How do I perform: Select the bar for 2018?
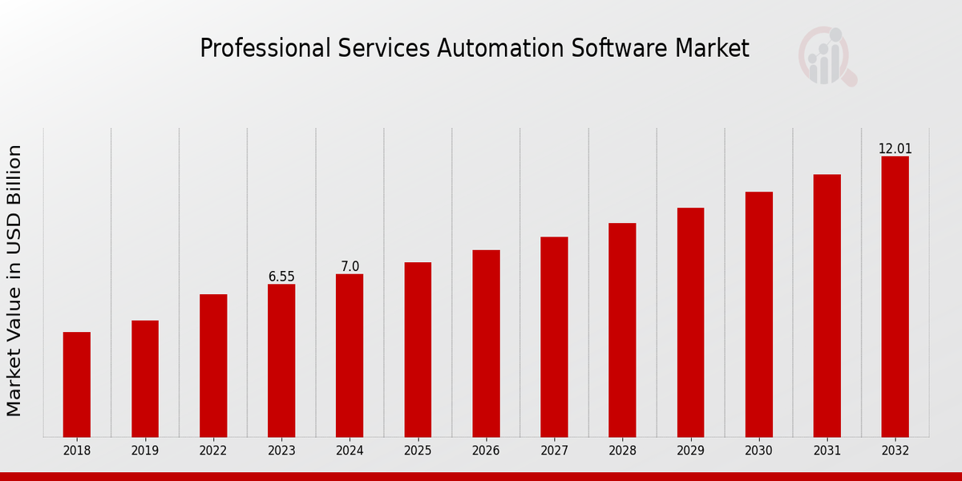tap(77, 385)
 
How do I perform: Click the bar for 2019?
tap(145, 378)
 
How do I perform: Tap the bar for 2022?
tap(213, 366)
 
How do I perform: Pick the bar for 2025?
tap(418, 350)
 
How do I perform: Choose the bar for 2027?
tap(554, 337)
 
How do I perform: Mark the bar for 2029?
tap(690, 322)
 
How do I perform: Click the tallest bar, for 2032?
tap(895, 297)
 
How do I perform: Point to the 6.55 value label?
tap(281, 277)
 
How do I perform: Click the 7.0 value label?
tap(350, 267)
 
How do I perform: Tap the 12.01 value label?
tap(895, 149)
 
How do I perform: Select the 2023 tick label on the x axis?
tap(281, 451)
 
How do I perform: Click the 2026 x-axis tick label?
tap(486, 451)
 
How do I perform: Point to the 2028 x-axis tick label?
tap(622, 451)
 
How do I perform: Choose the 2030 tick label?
tap(758, 451)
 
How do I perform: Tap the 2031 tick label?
tap(827, 451)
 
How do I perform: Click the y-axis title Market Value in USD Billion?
tap(14, 281)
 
